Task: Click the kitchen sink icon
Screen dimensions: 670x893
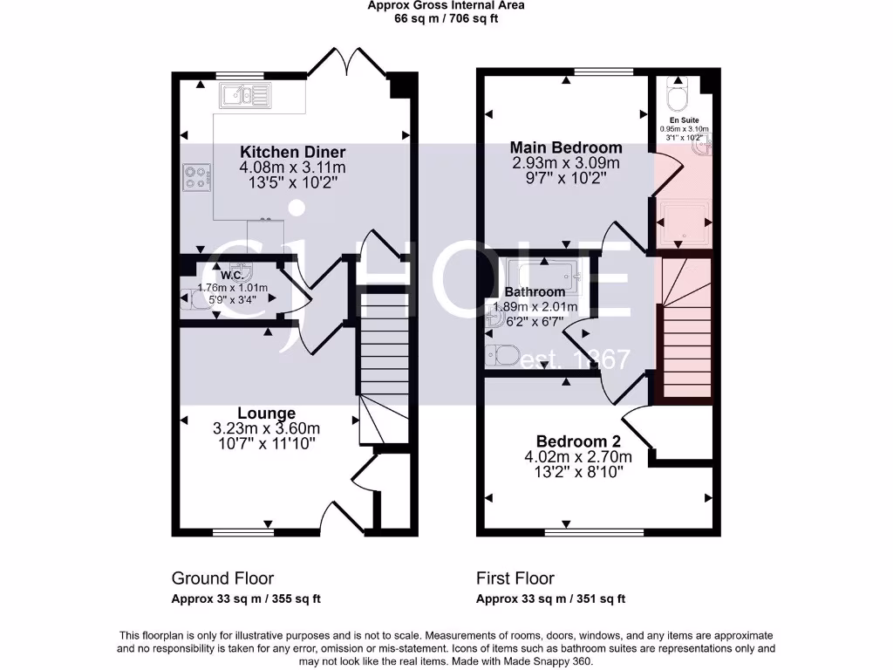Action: tap(247, 94)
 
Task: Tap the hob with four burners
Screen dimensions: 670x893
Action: tap(197, 178)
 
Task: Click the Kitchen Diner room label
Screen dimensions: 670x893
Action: tap(293, 152)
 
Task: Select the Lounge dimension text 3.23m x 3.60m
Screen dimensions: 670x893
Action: tap(266, 428)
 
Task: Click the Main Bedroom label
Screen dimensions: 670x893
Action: tap(566, 147)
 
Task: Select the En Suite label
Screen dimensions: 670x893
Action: tap(684, 120)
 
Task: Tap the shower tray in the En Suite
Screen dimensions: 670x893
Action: tap(684, 221)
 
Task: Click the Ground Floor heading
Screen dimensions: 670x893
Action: tap(222, 578)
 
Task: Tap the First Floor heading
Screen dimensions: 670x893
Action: tap(515, 578)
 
